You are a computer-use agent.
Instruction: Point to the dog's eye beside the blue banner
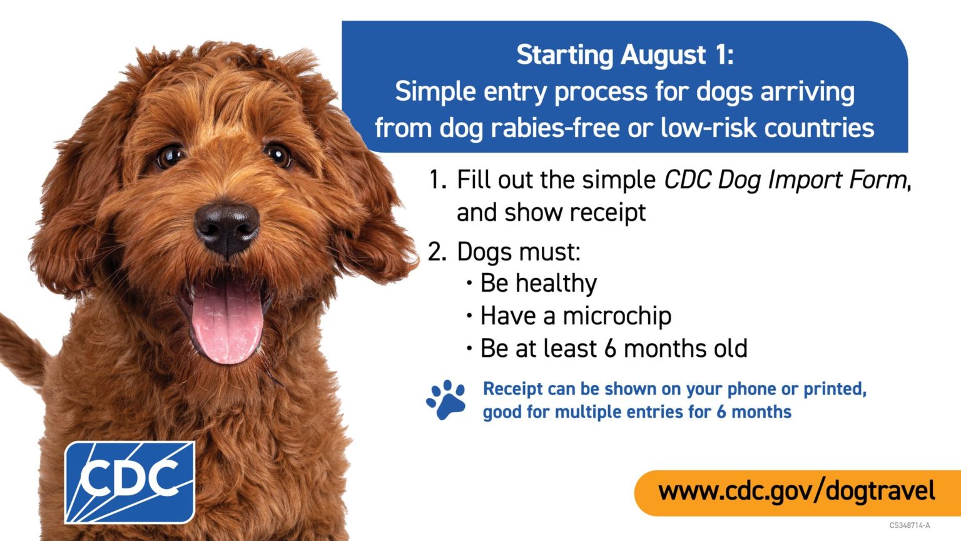point(278,155)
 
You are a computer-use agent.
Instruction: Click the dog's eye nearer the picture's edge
point(170,156)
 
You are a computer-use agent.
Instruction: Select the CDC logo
point(130,482)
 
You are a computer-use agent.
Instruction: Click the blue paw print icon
point(446,399)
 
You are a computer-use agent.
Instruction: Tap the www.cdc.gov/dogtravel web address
point(796,492)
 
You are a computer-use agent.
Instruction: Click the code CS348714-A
point(910,525)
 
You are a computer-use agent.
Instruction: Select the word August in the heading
point(663,56)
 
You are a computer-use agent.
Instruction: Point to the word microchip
point(616,316)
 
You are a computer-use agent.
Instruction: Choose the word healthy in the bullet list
point(556,284)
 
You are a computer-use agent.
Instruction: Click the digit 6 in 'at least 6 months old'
point(610,348)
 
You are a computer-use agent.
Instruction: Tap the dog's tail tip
point(3,320)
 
